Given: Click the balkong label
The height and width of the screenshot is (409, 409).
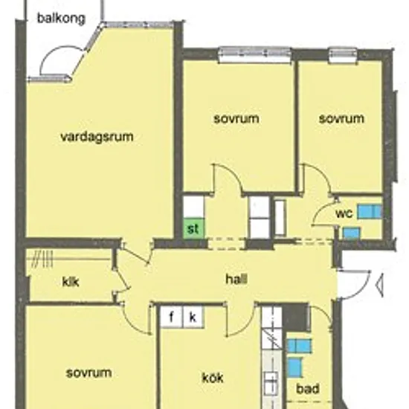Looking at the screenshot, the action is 61,19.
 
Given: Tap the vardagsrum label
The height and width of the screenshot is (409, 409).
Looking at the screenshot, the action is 97,137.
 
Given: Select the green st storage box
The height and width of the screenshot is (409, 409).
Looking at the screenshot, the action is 193,228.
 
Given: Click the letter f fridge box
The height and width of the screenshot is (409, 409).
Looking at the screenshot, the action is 171,318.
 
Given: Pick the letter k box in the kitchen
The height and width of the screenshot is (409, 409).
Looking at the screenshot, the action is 193,318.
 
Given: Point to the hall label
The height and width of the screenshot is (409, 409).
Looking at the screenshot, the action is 236,279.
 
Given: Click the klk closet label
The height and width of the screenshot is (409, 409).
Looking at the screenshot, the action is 71,282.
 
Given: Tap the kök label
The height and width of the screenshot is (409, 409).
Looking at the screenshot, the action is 213,378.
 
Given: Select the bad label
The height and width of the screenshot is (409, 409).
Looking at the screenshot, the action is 308,389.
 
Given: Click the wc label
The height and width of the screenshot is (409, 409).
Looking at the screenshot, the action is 344,213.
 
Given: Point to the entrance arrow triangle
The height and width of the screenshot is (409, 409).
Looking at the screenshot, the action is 379,285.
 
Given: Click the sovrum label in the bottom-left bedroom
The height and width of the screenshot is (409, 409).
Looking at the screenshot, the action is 89,373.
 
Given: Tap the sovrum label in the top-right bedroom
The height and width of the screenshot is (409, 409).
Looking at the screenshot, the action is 341,119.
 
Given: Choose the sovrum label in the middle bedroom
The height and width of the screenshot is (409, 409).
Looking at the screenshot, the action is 236,119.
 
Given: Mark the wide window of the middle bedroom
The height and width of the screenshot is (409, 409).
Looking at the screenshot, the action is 254,54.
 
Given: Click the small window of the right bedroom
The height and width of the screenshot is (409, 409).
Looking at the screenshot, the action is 343,55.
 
